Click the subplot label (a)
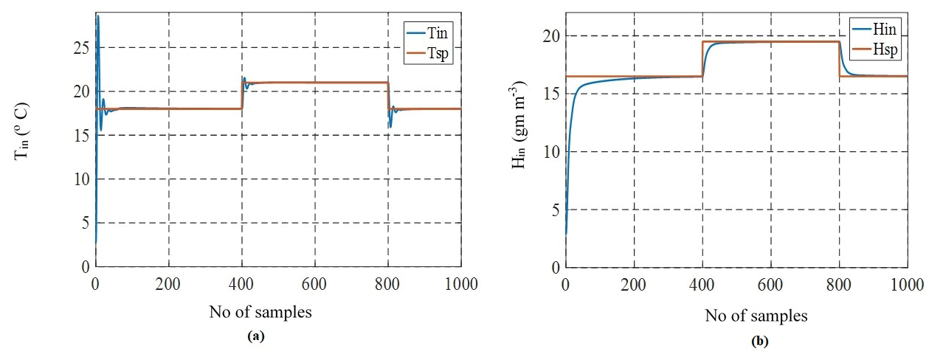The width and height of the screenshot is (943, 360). (x=255, y=336)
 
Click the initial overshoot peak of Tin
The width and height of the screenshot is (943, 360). (x=97, y=16)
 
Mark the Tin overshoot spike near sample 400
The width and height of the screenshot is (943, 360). (x=243, y=77)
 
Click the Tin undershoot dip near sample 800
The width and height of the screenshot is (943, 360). (x=390, y=126)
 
